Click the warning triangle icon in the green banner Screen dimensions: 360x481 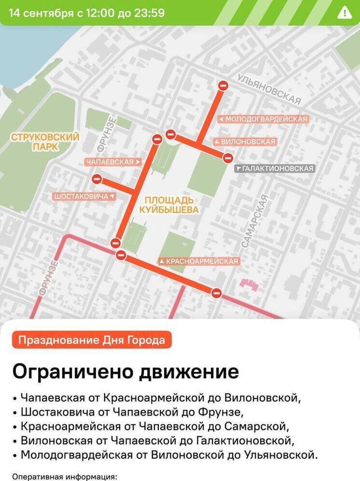(345, 13)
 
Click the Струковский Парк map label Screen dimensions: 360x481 (45, 142)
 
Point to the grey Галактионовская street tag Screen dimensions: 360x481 (275, 169)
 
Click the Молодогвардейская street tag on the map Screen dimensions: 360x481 (263, 119)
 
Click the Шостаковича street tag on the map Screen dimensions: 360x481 (84, 197)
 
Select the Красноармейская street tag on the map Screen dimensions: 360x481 (199, 261)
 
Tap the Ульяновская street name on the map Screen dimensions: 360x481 (270, 89)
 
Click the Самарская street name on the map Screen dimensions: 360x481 (254, 221)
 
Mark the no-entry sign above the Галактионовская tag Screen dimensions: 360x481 (228, 158)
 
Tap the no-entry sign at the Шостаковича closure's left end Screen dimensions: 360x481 (97, 180)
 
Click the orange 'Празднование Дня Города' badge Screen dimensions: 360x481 (92, 340)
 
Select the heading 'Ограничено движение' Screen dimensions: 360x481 (125, 372)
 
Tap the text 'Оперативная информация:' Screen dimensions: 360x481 (65, 477)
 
